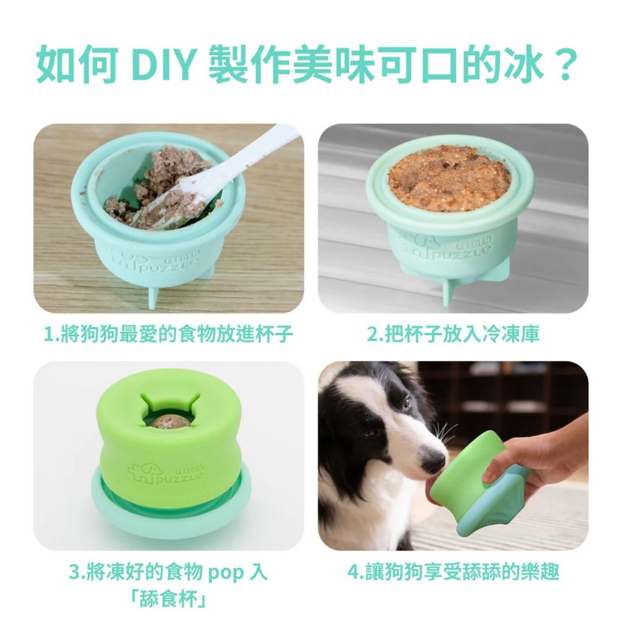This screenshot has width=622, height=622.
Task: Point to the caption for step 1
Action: click(168, 333)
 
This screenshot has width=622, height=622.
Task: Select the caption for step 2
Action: click(453, 333)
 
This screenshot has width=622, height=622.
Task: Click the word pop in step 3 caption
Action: click(226, 572)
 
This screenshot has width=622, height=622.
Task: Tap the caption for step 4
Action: click(453, 572)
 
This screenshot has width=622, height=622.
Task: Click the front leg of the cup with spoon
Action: click(154, 298)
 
